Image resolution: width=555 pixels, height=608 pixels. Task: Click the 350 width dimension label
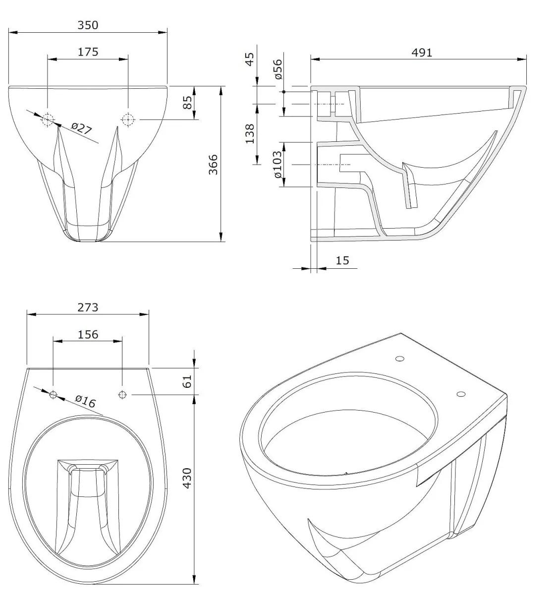(x=88, y=25)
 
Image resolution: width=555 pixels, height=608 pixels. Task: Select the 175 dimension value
(x=88, y=51)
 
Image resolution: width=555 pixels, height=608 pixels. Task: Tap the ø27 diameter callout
(x=81, y=129)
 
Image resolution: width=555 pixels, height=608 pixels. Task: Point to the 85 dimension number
(x=188, y=103)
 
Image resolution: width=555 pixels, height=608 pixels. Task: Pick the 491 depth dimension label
(x=422, y=52)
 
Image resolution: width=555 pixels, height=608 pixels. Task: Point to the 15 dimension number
(x=342, y=260)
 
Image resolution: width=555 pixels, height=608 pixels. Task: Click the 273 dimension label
(x=88, y=307)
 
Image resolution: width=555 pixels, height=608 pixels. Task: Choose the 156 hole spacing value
(x=88, y=334)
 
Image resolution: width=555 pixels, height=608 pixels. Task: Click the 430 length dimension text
(x=187, y=478)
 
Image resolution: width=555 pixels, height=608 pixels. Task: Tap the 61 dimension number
(x=187, y=382)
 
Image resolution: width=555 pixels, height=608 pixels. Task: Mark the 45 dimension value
(x=250, y=60)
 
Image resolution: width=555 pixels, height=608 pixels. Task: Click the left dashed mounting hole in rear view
(x=48, y=120)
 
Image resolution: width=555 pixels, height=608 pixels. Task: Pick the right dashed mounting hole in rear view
(x=128, y=120)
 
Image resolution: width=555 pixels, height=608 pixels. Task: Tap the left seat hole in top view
(x=54, y=395)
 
